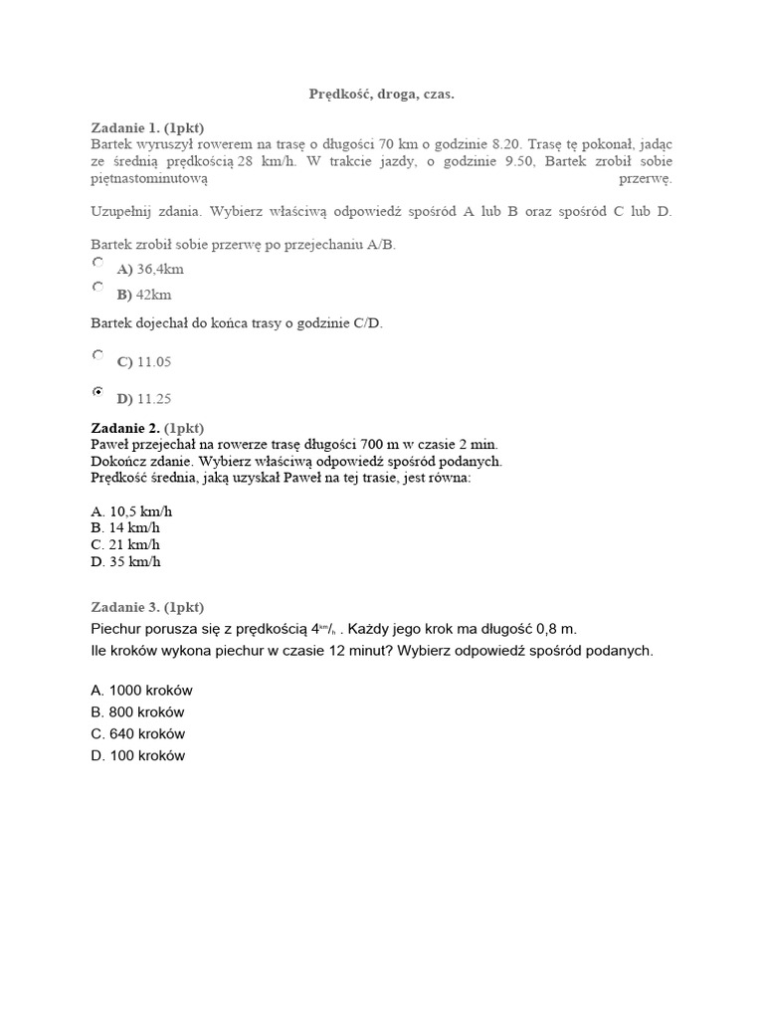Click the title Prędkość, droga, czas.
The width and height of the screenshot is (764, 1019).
point(382,95)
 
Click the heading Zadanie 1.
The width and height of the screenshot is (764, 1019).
point(147,128)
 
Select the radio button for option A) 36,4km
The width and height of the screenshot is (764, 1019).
point(97,263)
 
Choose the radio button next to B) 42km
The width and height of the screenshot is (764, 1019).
point(97,288)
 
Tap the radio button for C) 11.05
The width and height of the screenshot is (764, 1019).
point(97,354)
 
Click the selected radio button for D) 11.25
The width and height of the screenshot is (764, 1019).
point(97,392)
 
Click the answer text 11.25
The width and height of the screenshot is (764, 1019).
point(154,399)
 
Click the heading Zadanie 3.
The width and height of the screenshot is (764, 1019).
point(147,607)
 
